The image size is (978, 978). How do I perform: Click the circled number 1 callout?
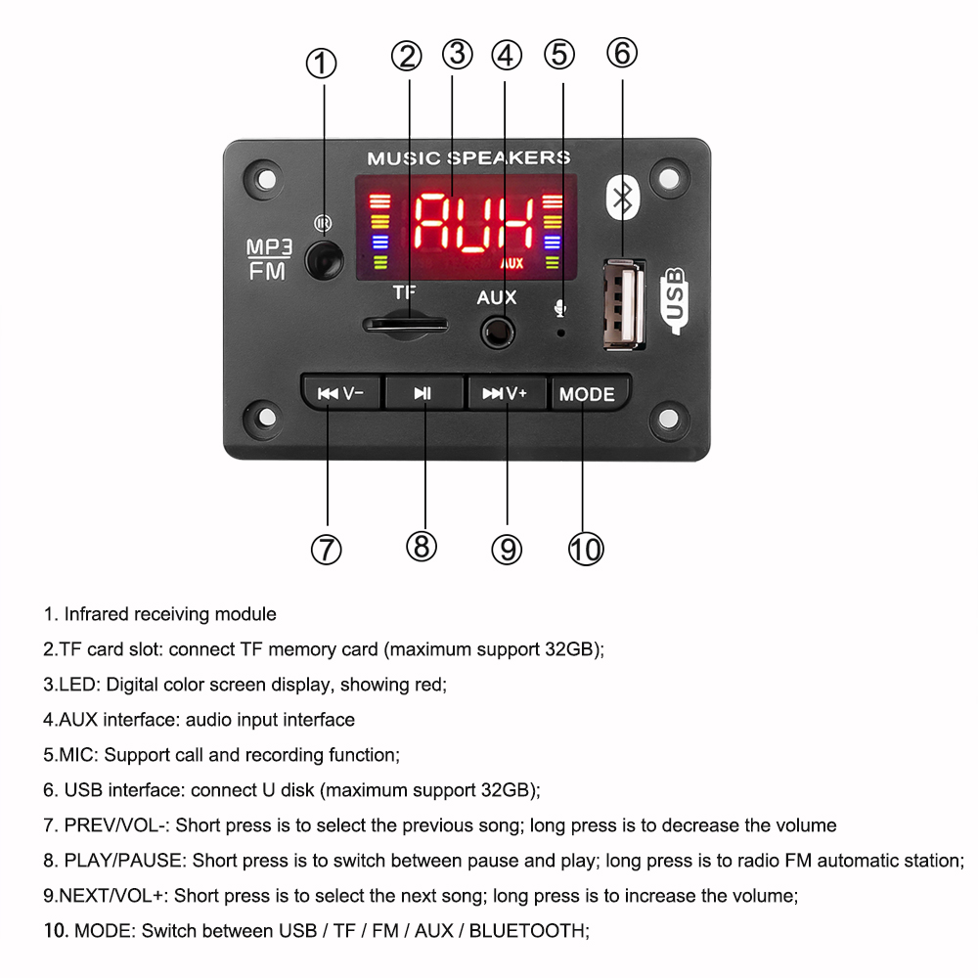point(322,65)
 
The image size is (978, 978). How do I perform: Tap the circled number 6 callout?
point(622,53)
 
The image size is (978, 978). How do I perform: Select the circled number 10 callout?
point(586,550)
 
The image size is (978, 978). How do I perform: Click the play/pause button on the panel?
point(422,393)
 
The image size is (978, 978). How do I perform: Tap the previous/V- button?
point(340,393)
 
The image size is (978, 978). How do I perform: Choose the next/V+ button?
point(505,393)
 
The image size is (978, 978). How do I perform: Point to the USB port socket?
point(625,303)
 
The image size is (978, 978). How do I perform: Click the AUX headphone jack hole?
point(498,333)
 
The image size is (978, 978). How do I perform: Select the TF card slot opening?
point(405,324)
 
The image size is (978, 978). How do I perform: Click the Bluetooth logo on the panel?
point(622,199)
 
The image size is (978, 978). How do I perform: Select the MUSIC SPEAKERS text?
point(468,158)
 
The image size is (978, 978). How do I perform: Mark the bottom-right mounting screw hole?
point(669,419)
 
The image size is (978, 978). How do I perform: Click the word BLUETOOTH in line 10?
point(527,930)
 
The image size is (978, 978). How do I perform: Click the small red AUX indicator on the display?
point(511,263)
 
